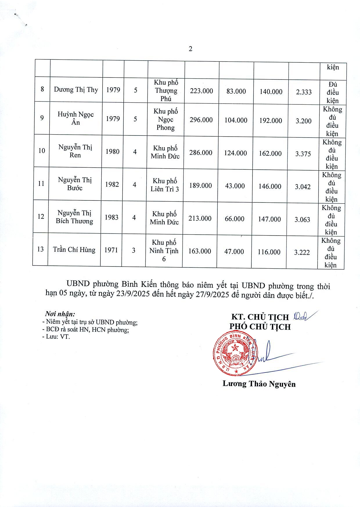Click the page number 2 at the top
190,49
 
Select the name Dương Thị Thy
76,90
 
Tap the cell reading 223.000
201,91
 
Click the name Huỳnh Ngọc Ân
75,118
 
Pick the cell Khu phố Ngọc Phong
166,119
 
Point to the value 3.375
303,154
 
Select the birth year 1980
112,151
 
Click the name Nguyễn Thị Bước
75,184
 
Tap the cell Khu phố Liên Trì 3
165,185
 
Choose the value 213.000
200,218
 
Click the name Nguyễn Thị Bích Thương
75,217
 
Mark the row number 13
40,249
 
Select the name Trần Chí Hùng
74,250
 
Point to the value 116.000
269,252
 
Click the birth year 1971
111,250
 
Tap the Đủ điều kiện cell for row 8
333,93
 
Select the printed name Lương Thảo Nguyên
259,384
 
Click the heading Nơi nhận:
60,314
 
